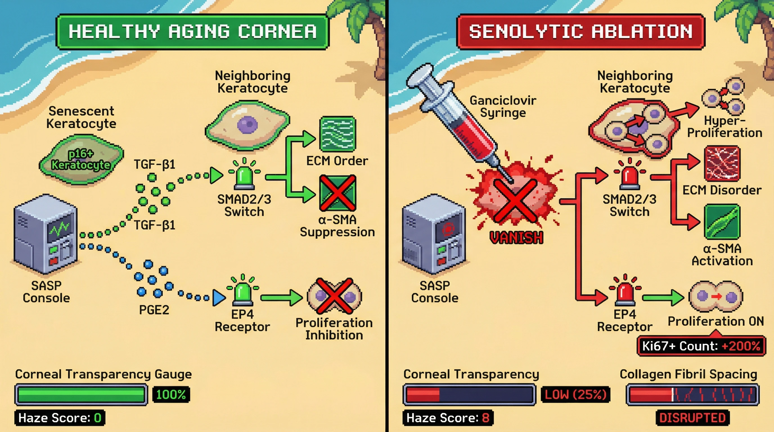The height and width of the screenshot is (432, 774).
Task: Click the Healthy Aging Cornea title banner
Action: [192, 31]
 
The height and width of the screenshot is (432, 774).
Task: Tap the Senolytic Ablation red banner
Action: [580, 31]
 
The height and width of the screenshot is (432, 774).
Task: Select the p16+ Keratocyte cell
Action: [81, 159]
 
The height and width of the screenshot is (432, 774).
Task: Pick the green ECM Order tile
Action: [338, 134]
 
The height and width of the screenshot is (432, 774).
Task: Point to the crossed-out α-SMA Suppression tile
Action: [338, 193]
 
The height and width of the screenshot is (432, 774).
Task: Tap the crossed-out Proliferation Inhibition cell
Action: [334, 296]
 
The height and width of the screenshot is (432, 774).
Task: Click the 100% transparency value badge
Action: [171, 394]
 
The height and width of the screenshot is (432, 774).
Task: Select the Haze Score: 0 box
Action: [60, 418]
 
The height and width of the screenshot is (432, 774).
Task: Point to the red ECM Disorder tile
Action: [722, 163]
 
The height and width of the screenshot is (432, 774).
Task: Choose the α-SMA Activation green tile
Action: [722, 222]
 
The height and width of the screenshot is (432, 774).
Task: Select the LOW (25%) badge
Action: [575, 394]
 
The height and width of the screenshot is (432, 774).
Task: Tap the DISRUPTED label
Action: [692, 418]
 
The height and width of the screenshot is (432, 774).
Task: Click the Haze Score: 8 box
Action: [448, 418]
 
